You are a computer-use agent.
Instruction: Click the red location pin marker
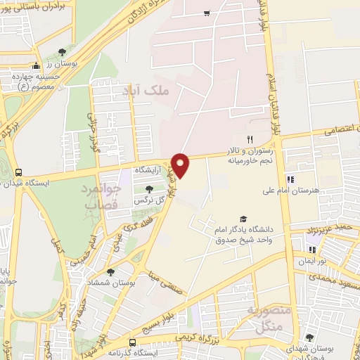pyautogui.click(x=181, y=165)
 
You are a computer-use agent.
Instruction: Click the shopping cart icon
pyautogui.click(x=207, y=13)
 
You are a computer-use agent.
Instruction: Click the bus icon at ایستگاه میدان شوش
pyautogui.click(x=18, y=172)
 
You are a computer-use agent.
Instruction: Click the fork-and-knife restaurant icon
pyautogui.click(x=249, y=140)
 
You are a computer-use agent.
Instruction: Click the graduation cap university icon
pyautogui.click(x=243, y=219)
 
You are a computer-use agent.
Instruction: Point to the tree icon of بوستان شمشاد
pyautogui.click(x=110, y=271)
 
